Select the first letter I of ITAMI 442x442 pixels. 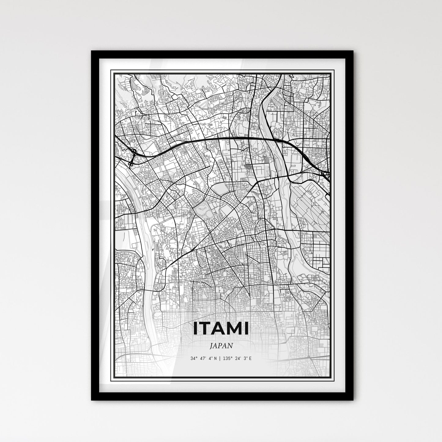195,329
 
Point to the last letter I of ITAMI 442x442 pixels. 247,329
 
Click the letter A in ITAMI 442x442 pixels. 218,329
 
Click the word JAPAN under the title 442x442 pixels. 221,346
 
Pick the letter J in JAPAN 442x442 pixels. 212,346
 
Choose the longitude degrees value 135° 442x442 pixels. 227,358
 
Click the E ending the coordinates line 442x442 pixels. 250,358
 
